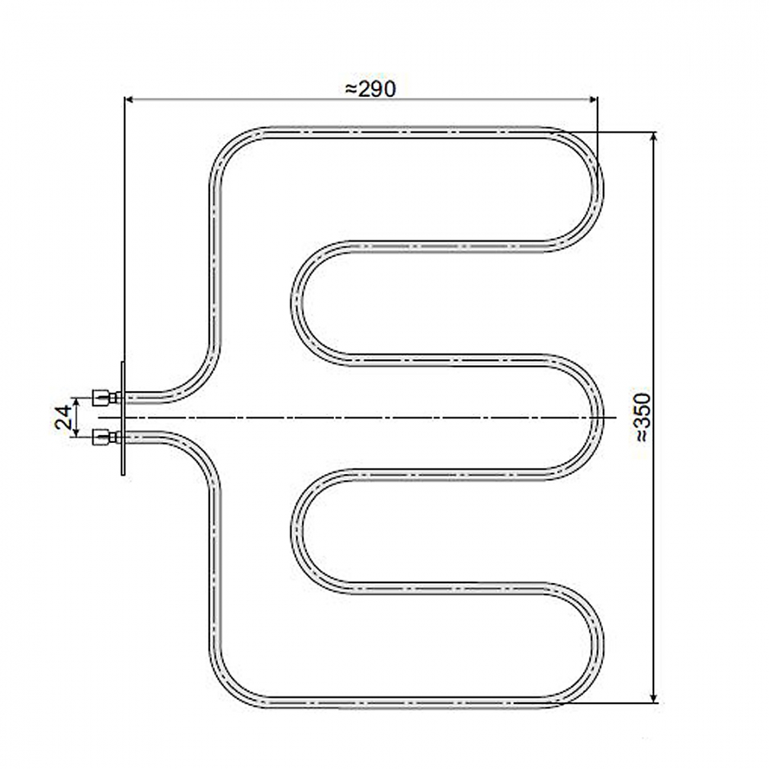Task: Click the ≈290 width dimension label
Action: tap(370, 89)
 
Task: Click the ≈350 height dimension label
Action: tap(643, 417)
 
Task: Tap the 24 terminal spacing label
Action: tap(63, 417)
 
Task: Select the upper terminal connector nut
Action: tap(100, 398)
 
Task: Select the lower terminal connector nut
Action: tap(100, 437)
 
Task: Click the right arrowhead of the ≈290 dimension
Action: tap(592, 100)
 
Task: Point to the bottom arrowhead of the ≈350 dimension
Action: tap(653, 698)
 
